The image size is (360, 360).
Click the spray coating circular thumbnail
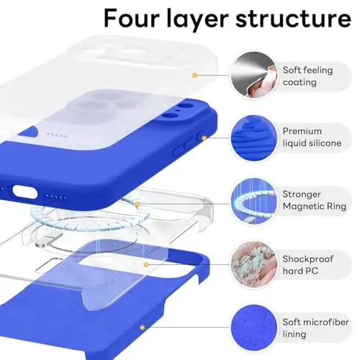tap(252, 74)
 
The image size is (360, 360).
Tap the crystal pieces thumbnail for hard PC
tap(252, 261)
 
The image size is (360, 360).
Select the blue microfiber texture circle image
tap(252, 323)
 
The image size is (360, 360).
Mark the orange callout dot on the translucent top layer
tap(194, 74)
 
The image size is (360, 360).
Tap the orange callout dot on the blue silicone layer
tap(204, 137)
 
